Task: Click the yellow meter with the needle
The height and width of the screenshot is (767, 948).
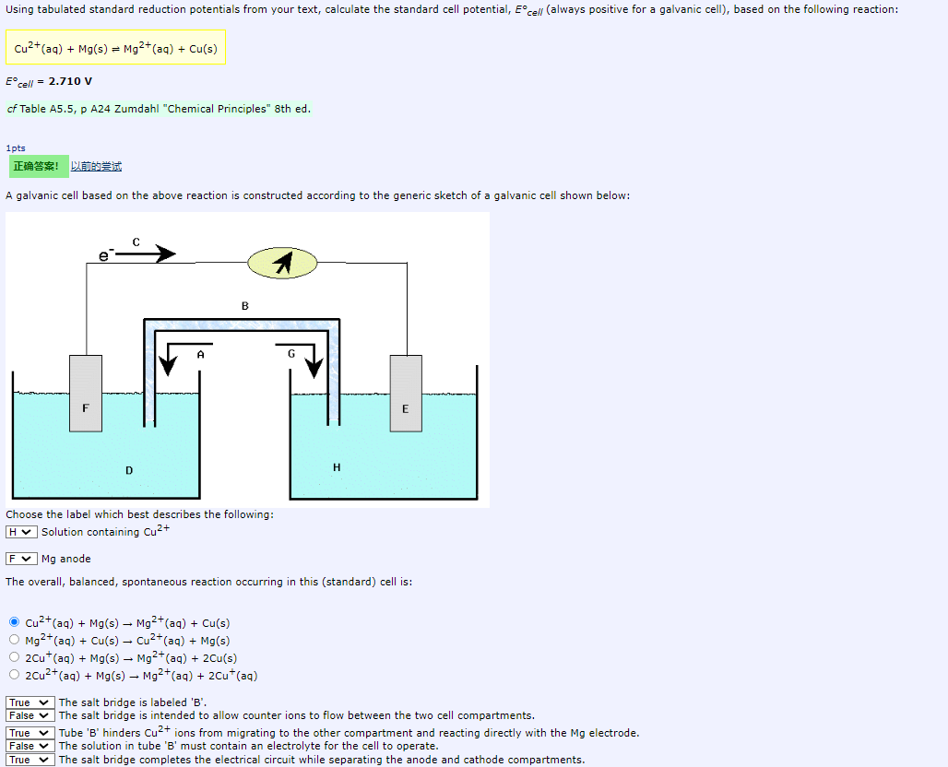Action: (x=281, y=265)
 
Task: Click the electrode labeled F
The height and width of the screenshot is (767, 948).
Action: (x=86, y=394)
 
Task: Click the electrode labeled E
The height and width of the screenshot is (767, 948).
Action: (x=406, y=394)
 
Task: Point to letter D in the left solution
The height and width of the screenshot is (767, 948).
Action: (x=129, y=471)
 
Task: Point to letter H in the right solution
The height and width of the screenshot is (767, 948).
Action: (x=337, y=467)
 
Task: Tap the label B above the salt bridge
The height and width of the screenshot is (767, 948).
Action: (x=244, y=305)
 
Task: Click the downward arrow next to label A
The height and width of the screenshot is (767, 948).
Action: (x=167, y=359)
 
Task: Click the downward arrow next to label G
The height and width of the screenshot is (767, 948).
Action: (x=314, y=359)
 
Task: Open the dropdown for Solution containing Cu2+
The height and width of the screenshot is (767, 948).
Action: (x=21, y=532)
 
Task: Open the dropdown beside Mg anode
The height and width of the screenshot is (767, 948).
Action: (x=21, y=559)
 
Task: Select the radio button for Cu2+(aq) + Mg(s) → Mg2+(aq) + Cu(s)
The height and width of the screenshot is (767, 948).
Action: (x=14, y=622)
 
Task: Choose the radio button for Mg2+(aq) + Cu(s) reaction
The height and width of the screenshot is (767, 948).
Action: (x=14, y=640)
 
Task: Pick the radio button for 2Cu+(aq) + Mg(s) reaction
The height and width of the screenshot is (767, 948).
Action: (x=14, y=657)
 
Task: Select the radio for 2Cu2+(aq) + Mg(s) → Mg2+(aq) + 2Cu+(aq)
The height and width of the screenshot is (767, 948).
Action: (x=14, y=675)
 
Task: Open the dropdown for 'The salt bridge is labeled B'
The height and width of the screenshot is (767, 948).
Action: (x=30, y=702)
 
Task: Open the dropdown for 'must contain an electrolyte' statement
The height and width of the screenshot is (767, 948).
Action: (x=30, y=746)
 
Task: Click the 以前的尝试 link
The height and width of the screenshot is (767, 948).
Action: (x=96, y=167)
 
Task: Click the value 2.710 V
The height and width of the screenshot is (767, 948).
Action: (x=70, y=81)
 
